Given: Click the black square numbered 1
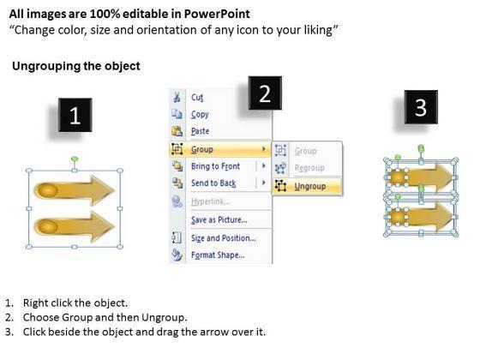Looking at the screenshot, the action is [75, 115].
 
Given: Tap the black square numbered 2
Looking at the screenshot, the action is [265, 93].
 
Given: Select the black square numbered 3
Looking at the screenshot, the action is [421, 107].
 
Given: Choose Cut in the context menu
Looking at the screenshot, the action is [197, 98].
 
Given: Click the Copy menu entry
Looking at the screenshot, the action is [200, 114].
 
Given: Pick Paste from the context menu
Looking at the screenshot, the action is [201, 131].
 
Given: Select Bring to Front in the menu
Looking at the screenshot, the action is [215, 166].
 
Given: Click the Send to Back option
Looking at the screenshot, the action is [213, 183].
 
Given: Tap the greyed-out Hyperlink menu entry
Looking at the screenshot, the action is [210, 201].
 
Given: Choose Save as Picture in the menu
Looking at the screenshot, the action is [219, 219].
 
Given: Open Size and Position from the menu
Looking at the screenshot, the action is [224, 238].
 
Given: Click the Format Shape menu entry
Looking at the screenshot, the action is [218, 255].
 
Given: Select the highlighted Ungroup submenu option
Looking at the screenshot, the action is [309, 187].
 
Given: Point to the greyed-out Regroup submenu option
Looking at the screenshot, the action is [309, 168].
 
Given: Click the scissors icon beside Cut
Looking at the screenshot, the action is [177, 97].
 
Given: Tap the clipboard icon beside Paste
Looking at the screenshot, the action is [177, 131].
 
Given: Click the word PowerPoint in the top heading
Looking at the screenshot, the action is [217, 14].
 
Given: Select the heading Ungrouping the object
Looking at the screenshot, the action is [76, 66].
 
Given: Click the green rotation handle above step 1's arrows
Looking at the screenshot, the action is [75, 159].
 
